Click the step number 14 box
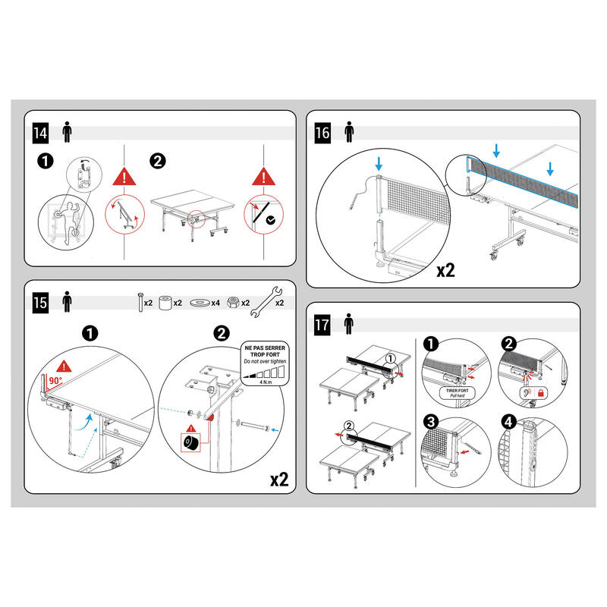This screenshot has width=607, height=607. [x=40, y=133]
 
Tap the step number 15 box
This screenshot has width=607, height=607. [x=40, y=302]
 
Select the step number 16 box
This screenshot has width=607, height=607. [x=322, y=133]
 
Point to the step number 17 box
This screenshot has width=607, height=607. [x=322, y=325]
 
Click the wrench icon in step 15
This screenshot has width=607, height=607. [x=266, y=302]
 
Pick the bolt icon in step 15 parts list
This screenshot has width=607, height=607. [x=140, y=302]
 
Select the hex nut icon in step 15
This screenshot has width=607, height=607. [x=233, y=302]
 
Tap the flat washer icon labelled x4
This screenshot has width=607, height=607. [x=200, y=302]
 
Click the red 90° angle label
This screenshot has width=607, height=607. [x=55, y=381]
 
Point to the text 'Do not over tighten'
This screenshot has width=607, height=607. [x=265, y=361]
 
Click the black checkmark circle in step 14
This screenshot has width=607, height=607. [x=271, y=220]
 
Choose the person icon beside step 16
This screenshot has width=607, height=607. [x=349, y=132]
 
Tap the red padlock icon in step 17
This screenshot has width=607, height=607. [x=541, y=393]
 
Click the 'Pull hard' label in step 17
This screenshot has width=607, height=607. [x=458, y=395]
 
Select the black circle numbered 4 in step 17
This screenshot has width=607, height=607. [x=508, y=422]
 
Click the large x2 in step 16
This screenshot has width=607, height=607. [x=445, y=270]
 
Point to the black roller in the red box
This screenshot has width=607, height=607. [x=191, y=442]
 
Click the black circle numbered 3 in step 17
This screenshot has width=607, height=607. [x=431, y=422]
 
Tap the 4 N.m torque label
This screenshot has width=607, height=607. [x=266, y=382]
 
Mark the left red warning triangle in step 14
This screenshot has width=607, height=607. [x=124, y=177]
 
